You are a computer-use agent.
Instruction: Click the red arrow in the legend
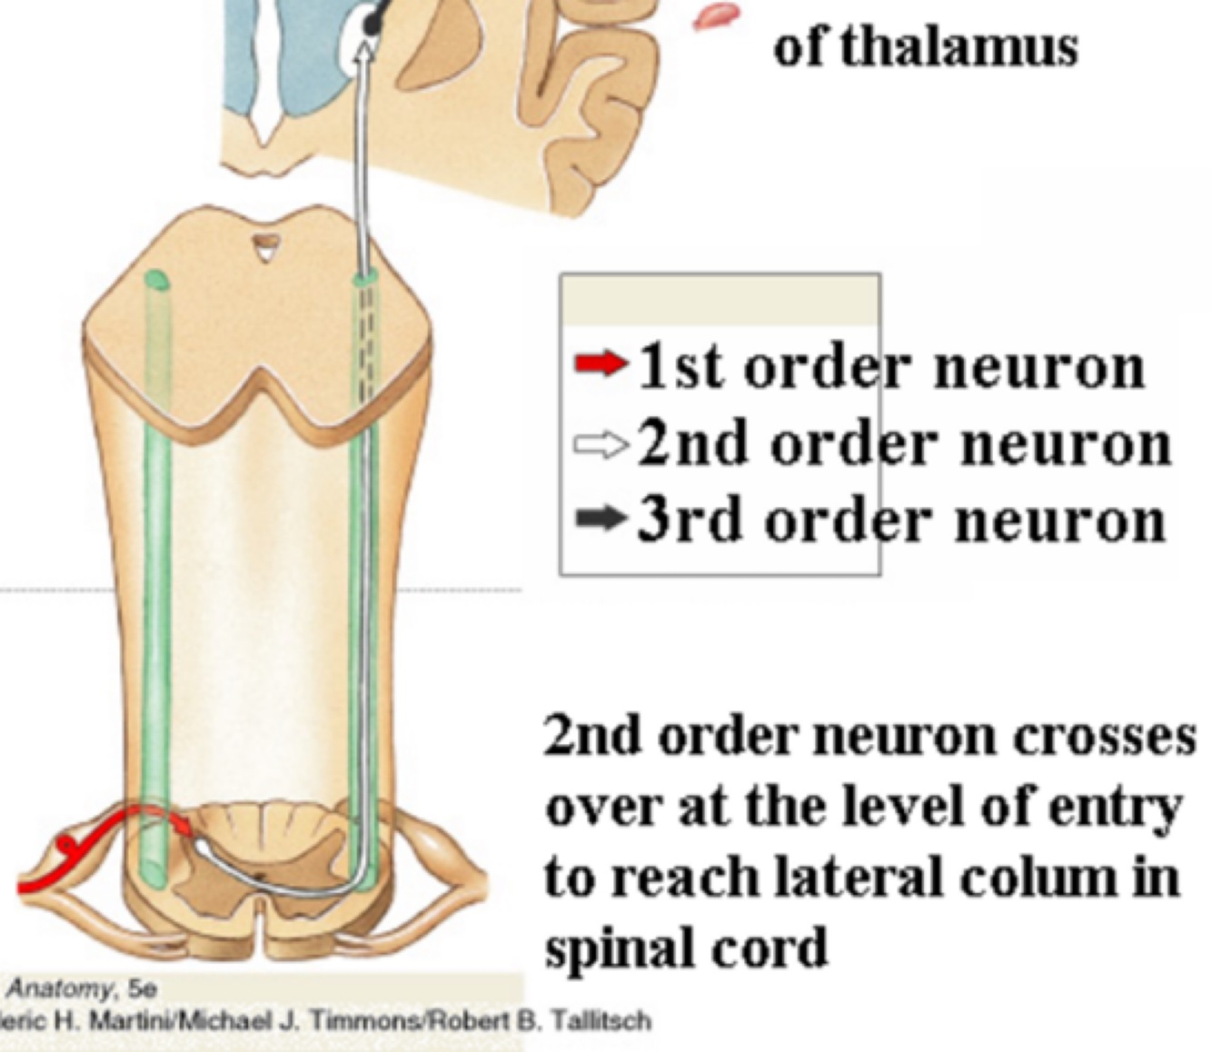click(601, 365)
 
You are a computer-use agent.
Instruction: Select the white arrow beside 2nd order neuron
click(601, 444)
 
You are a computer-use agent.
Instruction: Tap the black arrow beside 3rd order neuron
click(601, 520)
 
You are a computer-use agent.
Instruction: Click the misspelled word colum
click(1056, 878)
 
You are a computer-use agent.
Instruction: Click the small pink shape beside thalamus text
click(716, 15)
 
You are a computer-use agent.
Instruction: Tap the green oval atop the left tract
click(155, 278)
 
